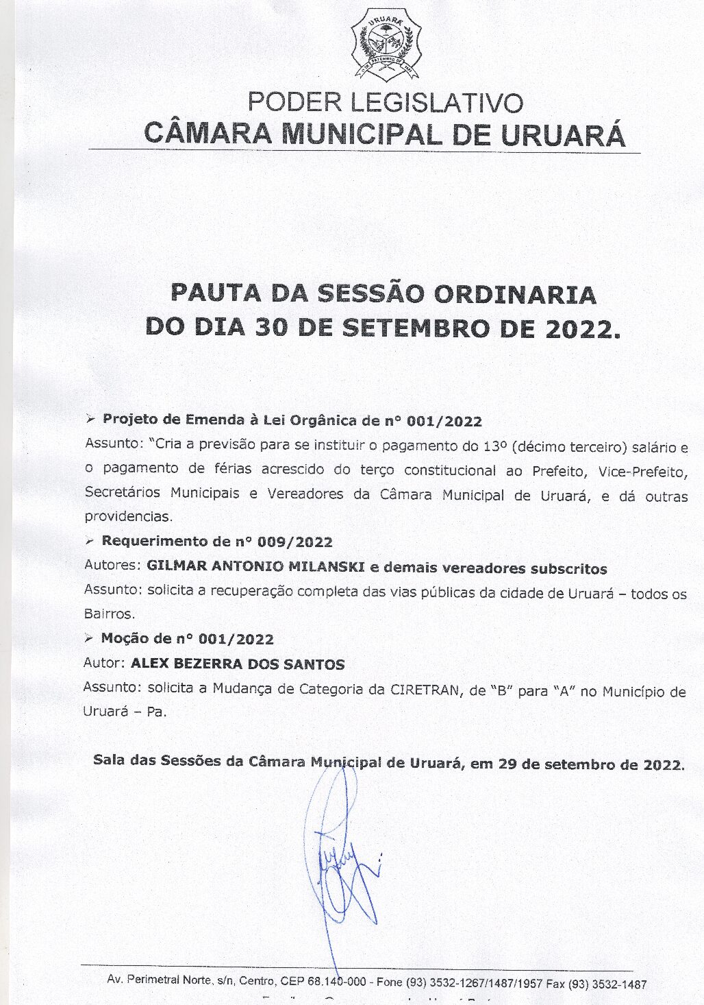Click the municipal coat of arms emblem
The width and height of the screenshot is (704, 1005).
[386, 43]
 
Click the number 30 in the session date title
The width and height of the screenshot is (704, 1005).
[271, 328]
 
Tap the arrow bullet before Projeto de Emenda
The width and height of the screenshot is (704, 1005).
[90, 419]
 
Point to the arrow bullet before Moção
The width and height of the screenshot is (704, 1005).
[88, 638]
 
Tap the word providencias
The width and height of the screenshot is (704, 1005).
[129, 517]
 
